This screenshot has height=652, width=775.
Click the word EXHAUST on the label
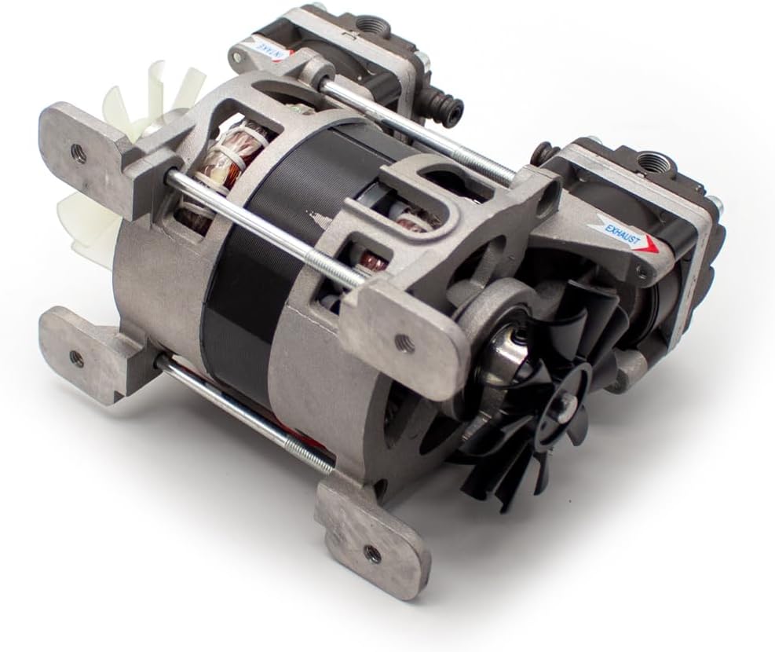[625, 234]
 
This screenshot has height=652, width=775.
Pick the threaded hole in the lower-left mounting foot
[75, 359]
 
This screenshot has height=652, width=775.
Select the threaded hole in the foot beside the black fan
[404, 342]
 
